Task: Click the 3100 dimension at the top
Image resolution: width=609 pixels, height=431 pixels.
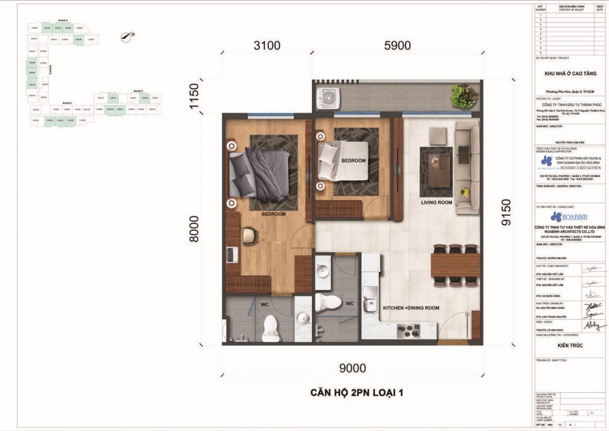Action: click(x=267, y=45)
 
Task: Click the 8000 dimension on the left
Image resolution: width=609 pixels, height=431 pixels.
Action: click(x=193, y=229)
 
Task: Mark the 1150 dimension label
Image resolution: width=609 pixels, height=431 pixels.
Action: click(x=193, y=96)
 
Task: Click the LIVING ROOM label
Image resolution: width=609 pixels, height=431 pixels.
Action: click(x=436, y=202)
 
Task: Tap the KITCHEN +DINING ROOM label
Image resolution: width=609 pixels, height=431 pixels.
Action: click(x=411, y=308)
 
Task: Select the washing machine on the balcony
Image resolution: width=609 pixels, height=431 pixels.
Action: click(x=328, y=97)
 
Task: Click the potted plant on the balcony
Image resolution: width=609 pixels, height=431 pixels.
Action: click(x=463, y=96)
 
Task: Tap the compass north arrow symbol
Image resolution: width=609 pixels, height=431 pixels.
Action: click(x=128, y=37)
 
